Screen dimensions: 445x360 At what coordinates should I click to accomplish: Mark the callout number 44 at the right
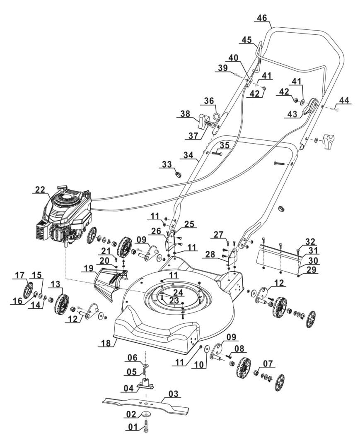coord(344,100)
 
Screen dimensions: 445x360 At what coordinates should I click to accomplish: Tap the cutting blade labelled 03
coord(145,404)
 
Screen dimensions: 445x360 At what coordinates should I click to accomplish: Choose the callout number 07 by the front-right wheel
coord(268,363)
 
